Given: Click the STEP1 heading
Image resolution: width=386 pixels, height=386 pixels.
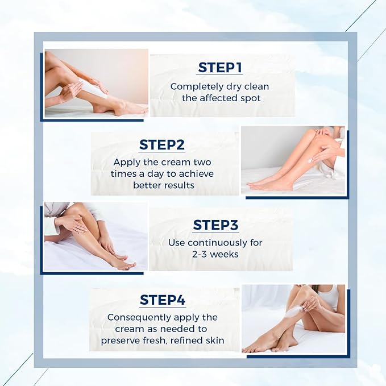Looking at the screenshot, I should pyautogui.click(x=220, y=68).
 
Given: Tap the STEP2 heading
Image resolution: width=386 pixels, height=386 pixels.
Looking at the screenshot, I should pyautogui.click(x=162, y=144).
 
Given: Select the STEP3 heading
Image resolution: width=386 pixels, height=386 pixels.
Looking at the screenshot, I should pyautogui.click(x=215, y=225).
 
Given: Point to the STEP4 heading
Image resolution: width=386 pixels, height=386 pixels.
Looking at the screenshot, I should pyautogui.click(x=163, y=300).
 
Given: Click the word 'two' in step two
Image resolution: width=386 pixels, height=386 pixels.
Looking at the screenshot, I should pyautogui.click(x=202, y=163).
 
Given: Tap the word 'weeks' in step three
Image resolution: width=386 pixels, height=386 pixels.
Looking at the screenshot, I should pyautogui.click(x=225, y=254).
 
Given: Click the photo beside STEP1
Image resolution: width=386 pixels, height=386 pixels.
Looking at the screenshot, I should pyautogui.click(x=96, y=83).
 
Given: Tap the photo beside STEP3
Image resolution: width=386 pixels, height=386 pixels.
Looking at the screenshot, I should pyautogui.click(x=96, y=236).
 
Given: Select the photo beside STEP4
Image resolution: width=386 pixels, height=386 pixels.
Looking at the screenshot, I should pyautogui.click(x=293, y=318).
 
